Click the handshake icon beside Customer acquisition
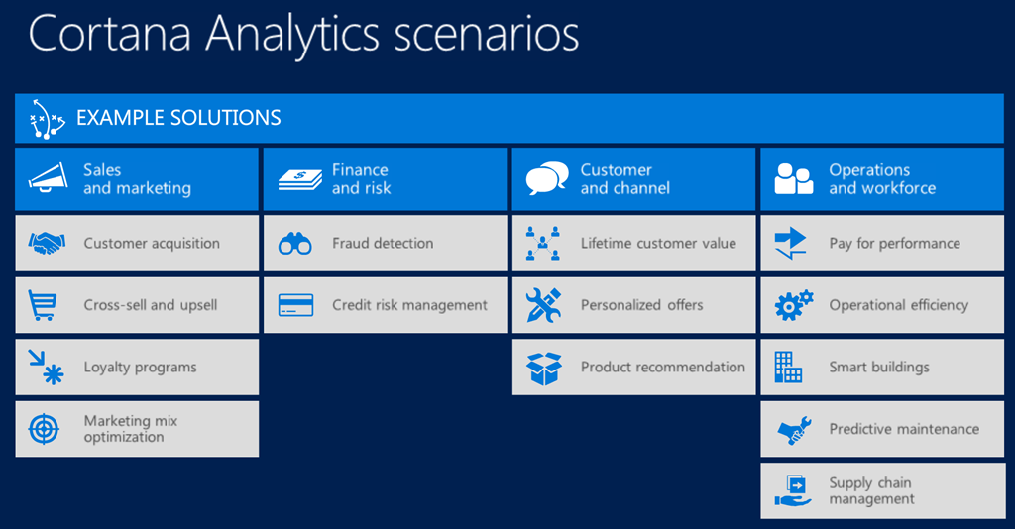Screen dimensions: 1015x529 click(x=47, y=243)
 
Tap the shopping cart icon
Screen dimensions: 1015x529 click(x=42, y=305)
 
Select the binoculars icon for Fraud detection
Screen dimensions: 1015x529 click(x=295, y=243)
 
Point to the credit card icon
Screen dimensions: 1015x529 click(x=295, y=305)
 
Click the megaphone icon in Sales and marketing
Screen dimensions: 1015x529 click(x=48, y=178)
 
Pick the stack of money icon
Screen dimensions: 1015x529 click(x=299, y=179)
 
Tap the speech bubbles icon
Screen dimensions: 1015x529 click(x=547, y=178)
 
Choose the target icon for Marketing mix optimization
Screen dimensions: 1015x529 click(x=44, y=429)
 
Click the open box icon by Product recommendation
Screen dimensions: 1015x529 click(x=544, y=368)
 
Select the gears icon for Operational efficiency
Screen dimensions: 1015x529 click(x=794, y=305)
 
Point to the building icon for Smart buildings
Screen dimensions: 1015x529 click(x=788, y=367)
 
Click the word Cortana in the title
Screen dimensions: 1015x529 click(x=109, y=34)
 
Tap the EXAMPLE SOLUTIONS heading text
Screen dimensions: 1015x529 click(x=178, y=118)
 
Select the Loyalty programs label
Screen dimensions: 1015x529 click(x=140, y=368)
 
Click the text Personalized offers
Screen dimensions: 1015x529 click(x=641, y=304)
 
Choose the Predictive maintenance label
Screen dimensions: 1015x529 click(x=904, y=429)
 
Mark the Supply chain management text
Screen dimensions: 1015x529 click(x=871, y=490)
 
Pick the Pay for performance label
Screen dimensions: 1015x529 click(x=895, y=243)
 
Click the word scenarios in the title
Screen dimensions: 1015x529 click(x=487, y=34)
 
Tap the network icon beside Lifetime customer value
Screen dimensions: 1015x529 click(x=542, y=243)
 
